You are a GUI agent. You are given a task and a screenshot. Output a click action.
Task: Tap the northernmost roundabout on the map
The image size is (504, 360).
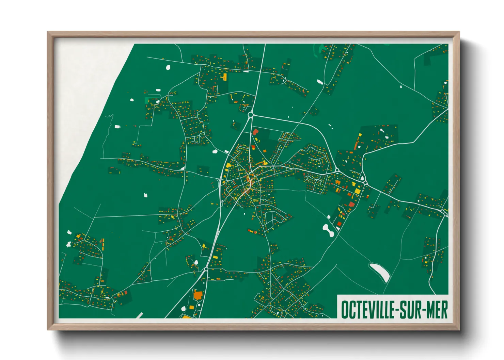[x=251, y=115]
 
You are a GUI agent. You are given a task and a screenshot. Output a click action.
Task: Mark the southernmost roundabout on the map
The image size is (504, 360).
[x=206, y=269]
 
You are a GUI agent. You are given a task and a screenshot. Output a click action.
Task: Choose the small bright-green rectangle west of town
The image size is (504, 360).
[x=147, y=100]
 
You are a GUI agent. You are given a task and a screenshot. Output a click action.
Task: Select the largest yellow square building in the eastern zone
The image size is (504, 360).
[x=357, y=191]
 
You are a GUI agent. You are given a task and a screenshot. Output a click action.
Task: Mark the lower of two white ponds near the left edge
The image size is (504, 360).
[x=68, y=244]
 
